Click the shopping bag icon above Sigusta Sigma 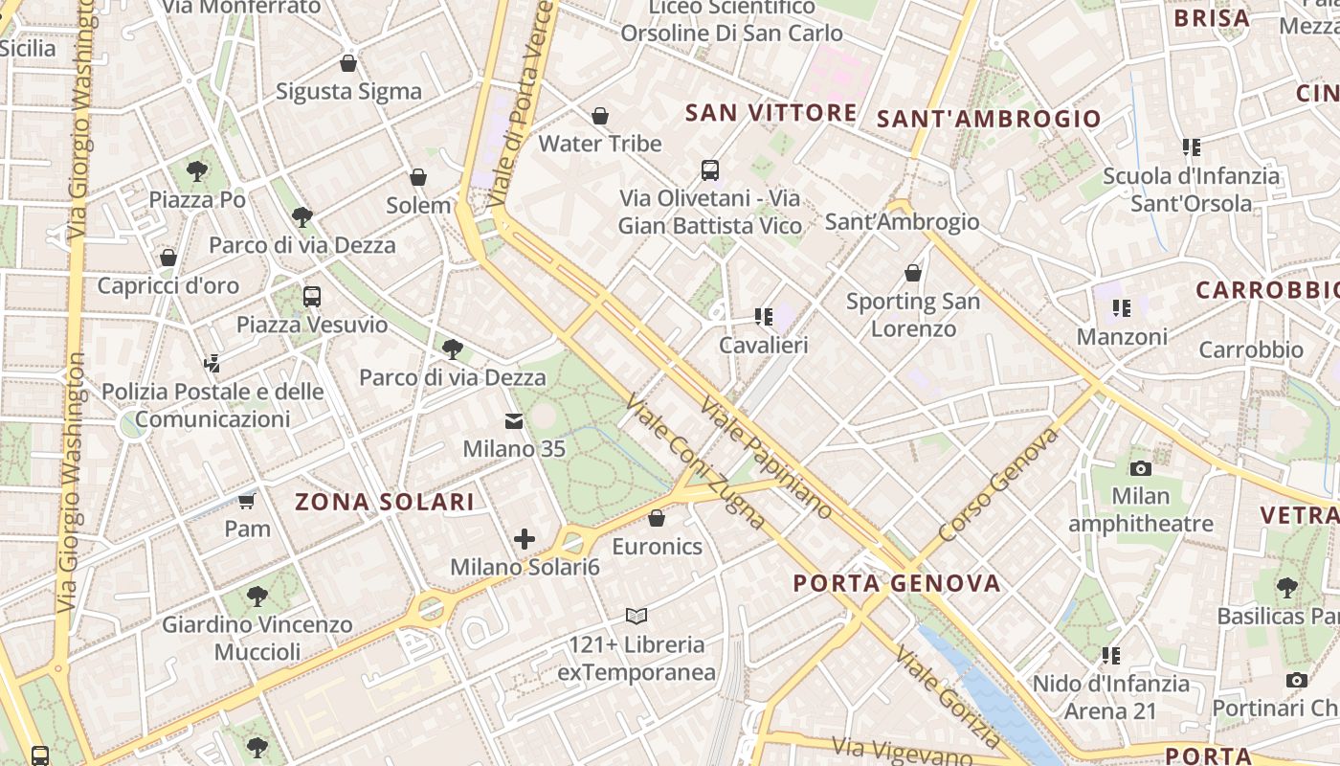pyautogui.click(x=348, y=64)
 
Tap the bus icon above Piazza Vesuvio pyautogui.click(x=312, y=297)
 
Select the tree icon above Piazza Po pyautogui.click(x=197, y=171)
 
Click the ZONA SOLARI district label pyautogui.click(x=385, y=502)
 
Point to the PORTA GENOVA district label pyautogui.click(x=897, y=583)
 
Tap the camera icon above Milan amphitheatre pyautogui.click(x=1140, y=468)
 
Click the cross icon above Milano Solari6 pyautogui.click(x=525, y=539)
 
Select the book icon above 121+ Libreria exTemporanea pyautogui.click(x=636, y=616)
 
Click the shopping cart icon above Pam pyautogui.click(x=247, y=501)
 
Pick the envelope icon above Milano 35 pyautogui.click(x=514, y=421)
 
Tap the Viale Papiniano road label pyautogui.click(x=766, y=458)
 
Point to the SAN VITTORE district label pyautogui.click(x=771, y=113)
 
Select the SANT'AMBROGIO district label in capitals pyautogui.click(x=989, y=119)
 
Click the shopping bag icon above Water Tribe pyautogui.click(x=600, y=116)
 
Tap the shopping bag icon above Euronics pyautogui.click(x=657, y=519)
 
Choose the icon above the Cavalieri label pyautogui.click(x=763, y=316)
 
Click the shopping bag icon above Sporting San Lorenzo pyautogui.click(x=913, y=273)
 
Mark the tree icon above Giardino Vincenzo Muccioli pyautogui.click(x=257, y=597)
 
